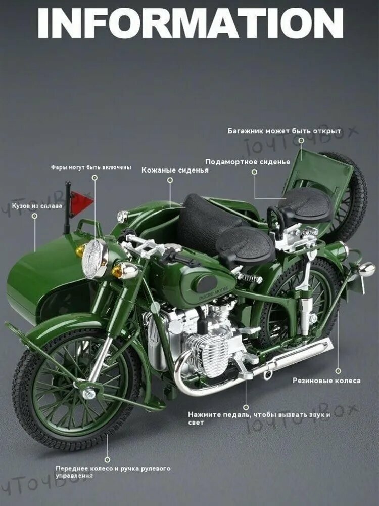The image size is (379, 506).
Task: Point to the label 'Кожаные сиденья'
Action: [x=168, y=170]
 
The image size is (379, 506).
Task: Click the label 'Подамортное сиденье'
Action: [x=248, y=162]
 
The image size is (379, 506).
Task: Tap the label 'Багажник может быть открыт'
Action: [x=285, y=131]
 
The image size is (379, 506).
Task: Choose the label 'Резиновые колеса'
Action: [x=326, y=381]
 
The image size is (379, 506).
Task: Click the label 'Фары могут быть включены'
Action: [x=90, y=167]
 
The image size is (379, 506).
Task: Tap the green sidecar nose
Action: [x=35, y=278]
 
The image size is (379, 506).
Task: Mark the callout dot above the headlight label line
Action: [x=94, y=178]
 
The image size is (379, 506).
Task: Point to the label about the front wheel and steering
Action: [x=112, y=472]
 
